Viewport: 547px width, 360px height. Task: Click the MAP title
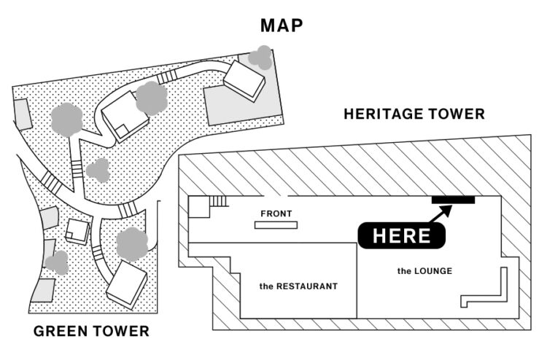click(282, 26)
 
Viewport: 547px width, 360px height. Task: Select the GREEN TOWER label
click(91, 332)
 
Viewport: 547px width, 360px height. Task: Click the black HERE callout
click(401, 235)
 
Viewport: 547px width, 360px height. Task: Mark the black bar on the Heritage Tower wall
click(453, 200)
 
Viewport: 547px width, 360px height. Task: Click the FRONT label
click(276, 214)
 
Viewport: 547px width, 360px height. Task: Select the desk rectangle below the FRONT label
click(276, 225)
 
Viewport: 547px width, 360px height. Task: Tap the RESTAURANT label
click(298, 286)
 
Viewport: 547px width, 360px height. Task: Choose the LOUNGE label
click(424, 271)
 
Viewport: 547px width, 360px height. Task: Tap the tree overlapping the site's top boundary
click(260, 56)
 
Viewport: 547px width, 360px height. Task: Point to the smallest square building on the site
click(77, 231)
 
